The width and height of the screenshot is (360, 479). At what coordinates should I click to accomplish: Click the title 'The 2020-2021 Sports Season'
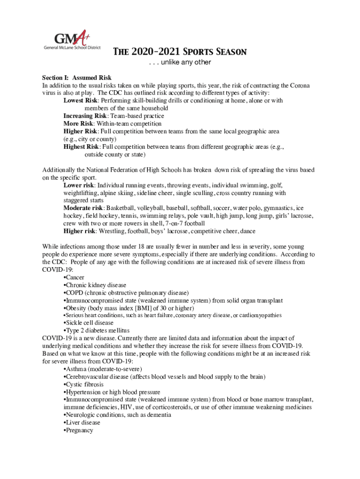pos(180,52)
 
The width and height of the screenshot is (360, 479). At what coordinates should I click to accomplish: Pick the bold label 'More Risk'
pos(78,123)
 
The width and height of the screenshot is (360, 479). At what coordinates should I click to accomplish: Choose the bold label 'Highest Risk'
pos(81,146)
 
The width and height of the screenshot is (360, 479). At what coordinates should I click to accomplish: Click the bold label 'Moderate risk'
pos(83,208)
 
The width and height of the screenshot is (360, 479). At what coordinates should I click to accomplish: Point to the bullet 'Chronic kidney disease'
pos(95,285)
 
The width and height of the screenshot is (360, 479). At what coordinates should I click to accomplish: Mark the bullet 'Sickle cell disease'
pos(89,323)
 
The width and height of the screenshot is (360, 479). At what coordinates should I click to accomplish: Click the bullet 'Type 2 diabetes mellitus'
pos(91,330)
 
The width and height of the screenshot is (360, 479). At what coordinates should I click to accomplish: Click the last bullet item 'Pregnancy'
pos(79,430)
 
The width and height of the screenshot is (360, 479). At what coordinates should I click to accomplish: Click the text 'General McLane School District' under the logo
pos(72,48)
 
